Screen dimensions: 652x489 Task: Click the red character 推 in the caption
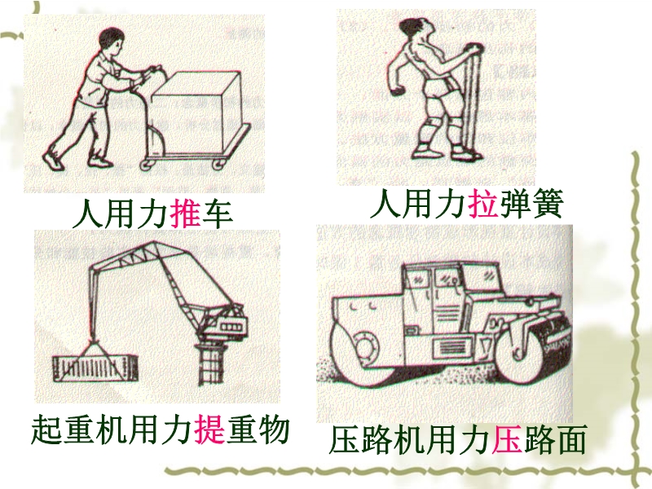point(185,214)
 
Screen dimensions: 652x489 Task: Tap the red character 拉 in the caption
point(483,205)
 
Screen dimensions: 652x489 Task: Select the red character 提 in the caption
point(210,430)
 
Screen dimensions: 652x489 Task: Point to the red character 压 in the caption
point(507,438)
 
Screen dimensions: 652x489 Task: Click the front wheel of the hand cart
point(218,164)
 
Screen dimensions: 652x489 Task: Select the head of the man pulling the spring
point(413,29)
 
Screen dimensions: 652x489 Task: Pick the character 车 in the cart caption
point(217,214)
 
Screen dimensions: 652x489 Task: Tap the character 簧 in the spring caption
point(548,205)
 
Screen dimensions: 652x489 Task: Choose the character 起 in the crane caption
point(46,430)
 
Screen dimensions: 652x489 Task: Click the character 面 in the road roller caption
point(571,438)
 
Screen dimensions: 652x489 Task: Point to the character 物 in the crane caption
point(274,430)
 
